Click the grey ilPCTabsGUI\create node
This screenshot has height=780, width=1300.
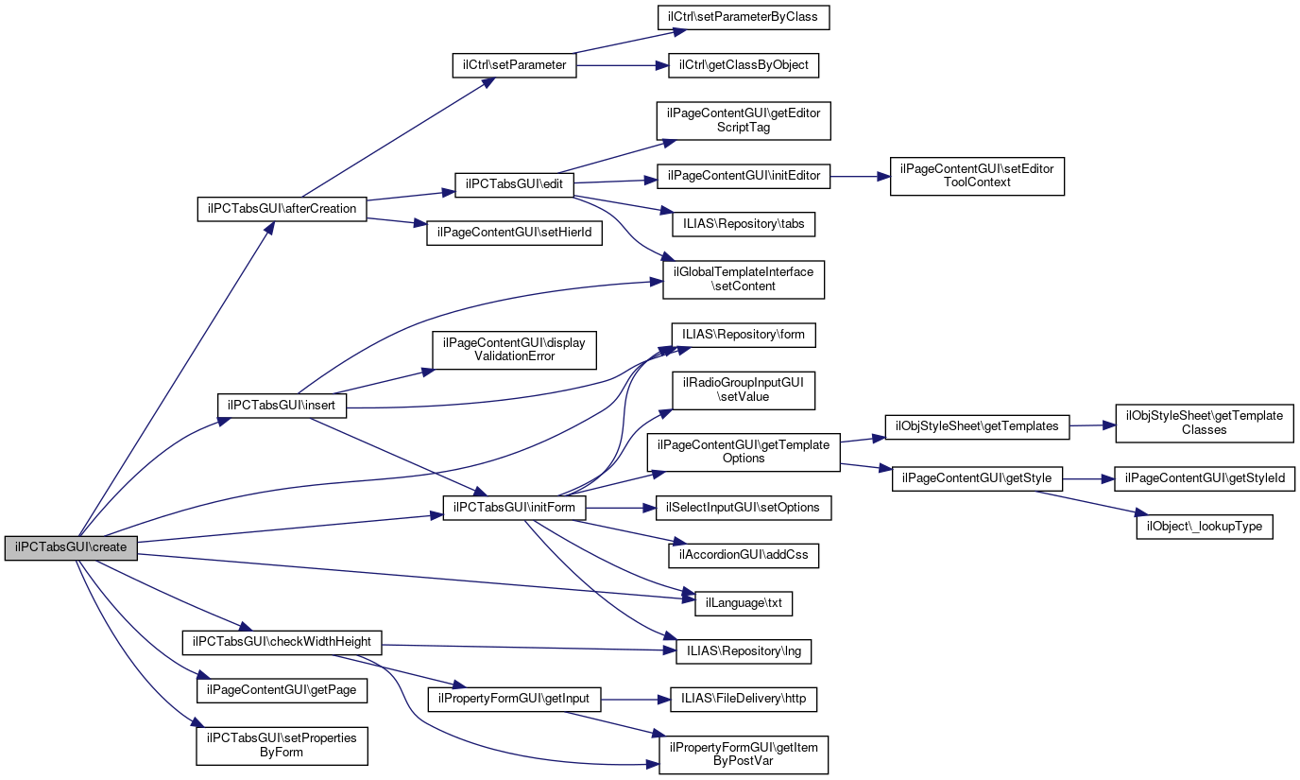point(71,547)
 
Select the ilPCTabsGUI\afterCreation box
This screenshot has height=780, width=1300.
point(282,209)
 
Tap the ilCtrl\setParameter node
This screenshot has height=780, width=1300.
point(514,65)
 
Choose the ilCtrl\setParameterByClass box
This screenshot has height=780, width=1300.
point(744,16)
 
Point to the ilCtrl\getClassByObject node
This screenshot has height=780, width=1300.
point(743,65)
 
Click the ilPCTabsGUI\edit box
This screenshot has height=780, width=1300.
point(514,184)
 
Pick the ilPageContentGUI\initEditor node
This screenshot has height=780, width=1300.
point(744,176)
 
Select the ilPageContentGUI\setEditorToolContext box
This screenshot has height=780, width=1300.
point(977,176)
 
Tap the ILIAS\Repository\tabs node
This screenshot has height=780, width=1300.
point(743,224)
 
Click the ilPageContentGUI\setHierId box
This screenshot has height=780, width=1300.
point(514,234)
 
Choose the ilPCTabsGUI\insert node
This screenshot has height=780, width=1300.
point(282,405)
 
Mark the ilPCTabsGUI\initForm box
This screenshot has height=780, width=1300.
point(514,509)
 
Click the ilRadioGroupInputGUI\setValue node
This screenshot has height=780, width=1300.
point(743,390)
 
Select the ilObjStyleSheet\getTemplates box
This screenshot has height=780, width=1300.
point(977,426)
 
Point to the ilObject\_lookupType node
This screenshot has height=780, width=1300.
point(1204,527)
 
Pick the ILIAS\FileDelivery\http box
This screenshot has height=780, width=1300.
point(743,700)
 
